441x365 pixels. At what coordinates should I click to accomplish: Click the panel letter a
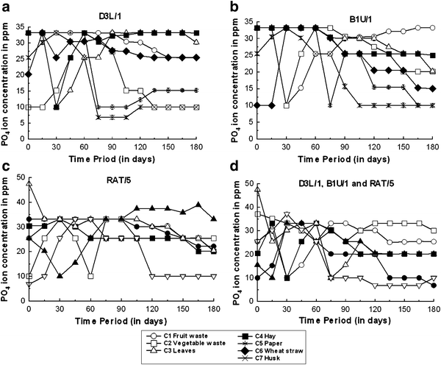(6, 7)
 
